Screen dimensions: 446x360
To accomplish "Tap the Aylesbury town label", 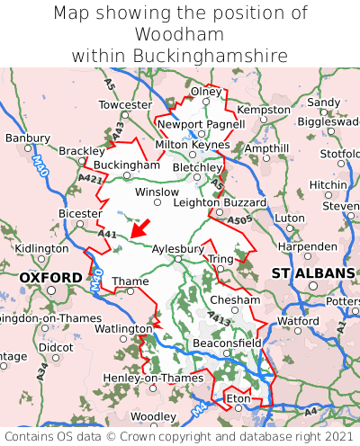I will (178, 247).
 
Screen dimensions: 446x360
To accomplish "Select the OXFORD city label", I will (50, 278).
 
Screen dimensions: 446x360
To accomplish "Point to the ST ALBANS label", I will (313, 272).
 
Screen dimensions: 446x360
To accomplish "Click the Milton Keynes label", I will (193, 144).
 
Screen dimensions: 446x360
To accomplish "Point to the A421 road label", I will (90, 180).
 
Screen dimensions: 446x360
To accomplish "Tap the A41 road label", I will (107, 235).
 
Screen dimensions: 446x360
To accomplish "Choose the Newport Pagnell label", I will (201, 124).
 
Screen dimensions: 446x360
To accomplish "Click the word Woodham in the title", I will (180, 34).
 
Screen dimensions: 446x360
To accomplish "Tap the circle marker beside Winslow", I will (158, 203).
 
